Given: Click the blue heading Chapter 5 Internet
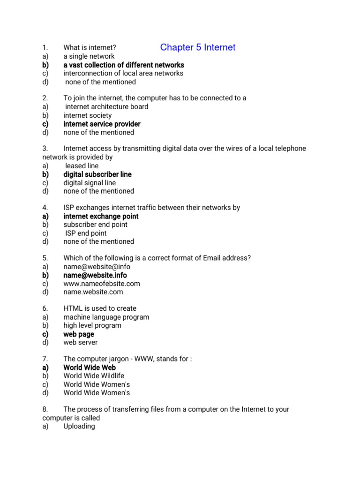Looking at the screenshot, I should pyautogui.click(x=197, y=47).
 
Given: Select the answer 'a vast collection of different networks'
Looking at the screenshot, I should pyautogui.click(x=124, y=65).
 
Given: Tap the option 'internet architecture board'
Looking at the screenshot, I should pyautogui.click(x=107, y=107).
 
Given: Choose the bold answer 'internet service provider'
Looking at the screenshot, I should pyautogui.click(x=102, y=124).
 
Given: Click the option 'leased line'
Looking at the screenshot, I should pyautogui.click(x=82, y=166).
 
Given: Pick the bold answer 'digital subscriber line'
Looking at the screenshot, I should pyautogui.click(x=97, y=174).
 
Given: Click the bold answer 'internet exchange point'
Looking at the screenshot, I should pyautogui.click(x=101, y=216).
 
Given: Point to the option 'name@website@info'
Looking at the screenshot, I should pyautogui.click(x=93, y=267).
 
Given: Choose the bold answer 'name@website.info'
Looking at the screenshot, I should pyautogui.click(x=95, y=275).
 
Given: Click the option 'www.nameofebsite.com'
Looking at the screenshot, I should pyautogui.click(x=102, y=284).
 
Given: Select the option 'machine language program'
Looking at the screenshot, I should pyautogui.click(x=106, y=317).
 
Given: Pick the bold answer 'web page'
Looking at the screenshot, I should pyautogui.click(x=79, y=334).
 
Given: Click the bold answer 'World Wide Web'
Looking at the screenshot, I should pyautogui.click(x=90, y=367).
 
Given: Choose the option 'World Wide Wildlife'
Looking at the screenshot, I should pyautogui.click(x=94, y=376).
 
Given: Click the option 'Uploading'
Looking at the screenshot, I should pyautogui.click(x=79, y=427).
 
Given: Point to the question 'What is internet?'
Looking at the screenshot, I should pyautogui.click(x=90, y=47).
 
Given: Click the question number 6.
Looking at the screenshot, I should pyautogui.click(x=45, y=308).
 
